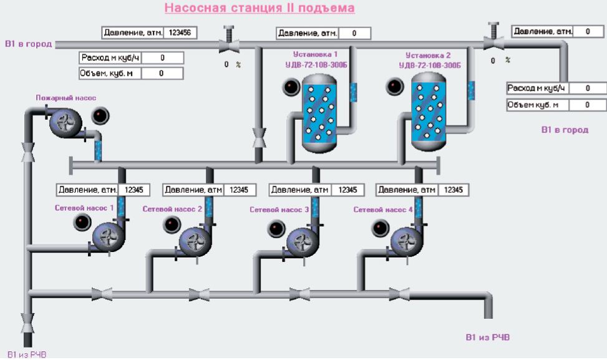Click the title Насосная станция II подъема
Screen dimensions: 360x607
click(260, 8)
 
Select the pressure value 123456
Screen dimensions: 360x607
click(180, 32)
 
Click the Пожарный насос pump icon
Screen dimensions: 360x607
click(64, 122)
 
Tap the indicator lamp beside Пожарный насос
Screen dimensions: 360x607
click(100, 115)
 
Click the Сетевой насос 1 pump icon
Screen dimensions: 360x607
click(109, 237)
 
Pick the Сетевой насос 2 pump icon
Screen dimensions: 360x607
click(195, 239)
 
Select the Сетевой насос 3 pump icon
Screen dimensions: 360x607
click(302, 239)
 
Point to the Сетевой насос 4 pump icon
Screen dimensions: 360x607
click(406, 239)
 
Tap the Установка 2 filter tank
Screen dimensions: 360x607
click(428, 110)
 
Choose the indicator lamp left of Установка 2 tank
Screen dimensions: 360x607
click(394, 86)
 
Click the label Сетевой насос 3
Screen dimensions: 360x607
click(279, 210)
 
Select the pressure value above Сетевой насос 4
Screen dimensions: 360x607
click(453, 190)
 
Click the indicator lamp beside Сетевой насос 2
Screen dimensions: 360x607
click(171, 225)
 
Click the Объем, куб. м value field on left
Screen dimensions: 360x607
click(162, 73)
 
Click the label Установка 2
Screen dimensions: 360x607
click(428, 55)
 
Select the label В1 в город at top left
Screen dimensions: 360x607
click(28, 44)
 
